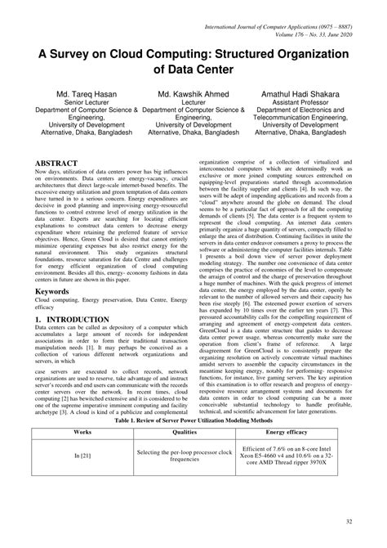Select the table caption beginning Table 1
coord(194,420)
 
